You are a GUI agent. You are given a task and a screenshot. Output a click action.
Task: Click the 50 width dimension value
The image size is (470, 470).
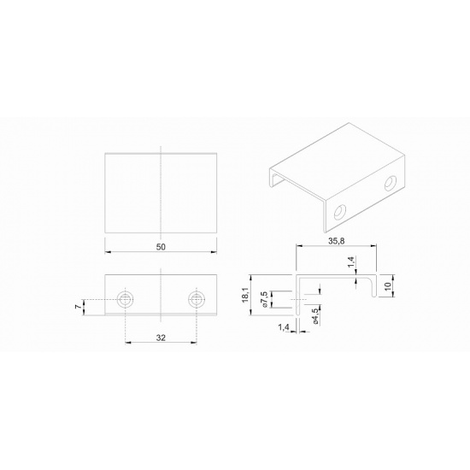(161, 247)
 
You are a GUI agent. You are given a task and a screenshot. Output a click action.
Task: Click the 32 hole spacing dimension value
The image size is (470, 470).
(161, 338)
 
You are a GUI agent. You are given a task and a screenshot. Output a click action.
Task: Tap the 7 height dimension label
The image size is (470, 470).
(78, 307)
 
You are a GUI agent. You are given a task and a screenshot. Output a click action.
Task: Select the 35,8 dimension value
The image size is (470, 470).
(336, 241)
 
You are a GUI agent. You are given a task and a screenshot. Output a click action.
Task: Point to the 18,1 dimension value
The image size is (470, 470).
(246, 295)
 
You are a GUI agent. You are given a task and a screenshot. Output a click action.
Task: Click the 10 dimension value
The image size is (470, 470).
(388, 286)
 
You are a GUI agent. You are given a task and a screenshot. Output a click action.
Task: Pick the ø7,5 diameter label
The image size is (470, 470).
(264, 299)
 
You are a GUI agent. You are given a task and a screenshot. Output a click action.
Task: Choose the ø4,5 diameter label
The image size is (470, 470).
(314, 316)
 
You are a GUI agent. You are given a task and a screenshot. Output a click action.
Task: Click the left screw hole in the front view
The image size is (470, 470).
(126, 299)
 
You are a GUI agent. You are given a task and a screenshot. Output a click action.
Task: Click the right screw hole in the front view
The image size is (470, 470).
(197, 299)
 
